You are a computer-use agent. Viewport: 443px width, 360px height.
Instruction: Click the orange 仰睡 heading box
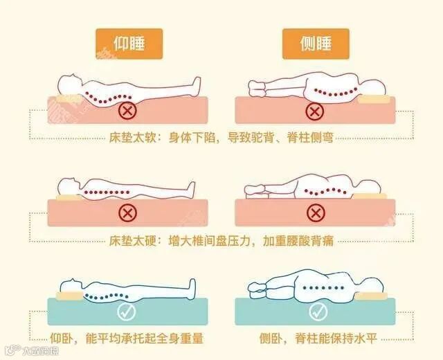(129, 44)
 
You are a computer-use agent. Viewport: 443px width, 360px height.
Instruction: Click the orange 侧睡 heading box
(316, 44)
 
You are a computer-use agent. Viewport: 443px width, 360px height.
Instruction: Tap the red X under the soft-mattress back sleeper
(127, 111)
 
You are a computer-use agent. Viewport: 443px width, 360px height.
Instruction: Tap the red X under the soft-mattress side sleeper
(314, 111)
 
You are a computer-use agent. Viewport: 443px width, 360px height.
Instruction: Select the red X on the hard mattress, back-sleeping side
(127, 213)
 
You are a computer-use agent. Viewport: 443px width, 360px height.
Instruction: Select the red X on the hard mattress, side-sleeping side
(316, 213)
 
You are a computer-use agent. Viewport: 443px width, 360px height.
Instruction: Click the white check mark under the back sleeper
(126, 312)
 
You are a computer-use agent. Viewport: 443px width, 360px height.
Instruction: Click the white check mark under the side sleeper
(318, 312)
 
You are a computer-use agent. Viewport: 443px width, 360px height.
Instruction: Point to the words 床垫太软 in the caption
(132, 138)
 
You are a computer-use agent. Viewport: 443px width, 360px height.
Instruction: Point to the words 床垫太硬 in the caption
(132, 241)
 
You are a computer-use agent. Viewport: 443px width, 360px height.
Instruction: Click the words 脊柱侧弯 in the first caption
(310, 138)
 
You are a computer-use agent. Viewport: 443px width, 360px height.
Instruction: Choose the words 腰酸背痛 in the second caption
(310, 241)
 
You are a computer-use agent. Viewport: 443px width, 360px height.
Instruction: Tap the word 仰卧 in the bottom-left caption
(61, 339)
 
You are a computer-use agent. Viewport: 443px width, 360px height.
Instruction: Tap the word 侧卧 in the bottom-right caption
(271, 339)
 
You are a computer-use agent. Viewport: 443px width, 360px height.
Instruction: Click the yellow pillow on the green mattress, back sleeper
(70, 296)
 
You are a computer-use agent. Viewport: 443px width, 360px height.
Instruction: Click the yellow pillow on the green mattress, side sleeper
(371, 296)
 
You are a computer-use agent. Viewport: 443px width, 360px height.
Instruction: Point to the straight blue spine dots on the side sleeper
(323, 288)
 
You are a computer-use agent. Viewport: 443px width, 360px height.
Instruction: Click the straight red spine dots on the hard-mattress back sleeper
(107, 192)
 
